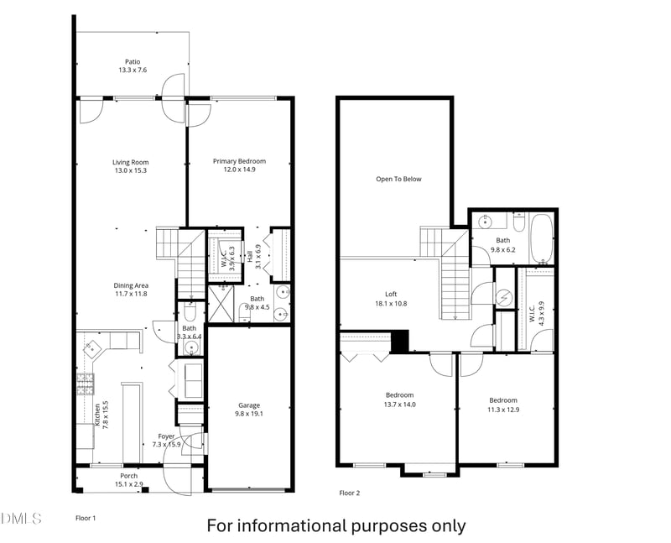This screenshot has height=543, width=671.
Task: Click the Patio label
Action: pyautogui.click(x=133, y=65)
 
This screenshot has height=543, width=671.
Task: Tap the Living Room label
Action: pyautogui.click(x=130, y=166)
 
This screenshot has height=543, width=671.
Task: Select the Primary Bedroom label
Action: pyautogui.click(x=239, y=165)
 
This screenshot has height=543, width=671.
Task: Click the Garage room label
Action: pyautogui.click(x=249, y=409)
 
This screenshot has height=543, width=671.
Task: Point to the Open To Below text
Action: pyautogui.click(x=398, y=179)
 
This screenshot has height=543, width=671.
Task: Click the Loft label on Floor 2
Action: pyautogui.click(x=391, y=298)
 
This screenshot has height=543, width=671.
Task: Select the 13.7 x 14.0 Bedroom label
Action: pyautogui.click(x=399, y=399)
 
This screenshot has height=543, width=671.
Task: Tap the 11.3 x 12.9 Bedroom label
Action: pyautogui.click(x=502, y=405)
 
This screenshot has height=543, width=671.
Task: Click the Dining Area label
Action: pyautogui.click(x=130, y=290)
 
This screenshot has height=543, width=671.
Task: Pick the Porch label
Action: pyautogui.click(x=129, y=479)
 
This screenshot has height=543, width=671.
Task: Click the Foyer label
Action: pyautogui.click(x=168, y=439)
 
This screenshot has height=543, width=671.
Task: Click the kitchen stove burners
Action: pyautogui.click(x=85, y=384)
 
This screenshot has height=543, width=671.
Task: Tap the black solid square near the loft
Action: pyautogui.click(x=400, y=342)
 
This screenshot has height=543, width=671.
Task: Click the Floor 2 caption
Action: pyautogui.click(x=349, y=493)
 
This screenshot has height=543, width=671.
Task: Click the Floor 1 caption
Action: pyautogui.click(x=86, y=518)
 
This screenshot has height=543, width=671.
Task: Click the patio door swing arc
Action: pyautogui.click(x=174, y=86)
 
